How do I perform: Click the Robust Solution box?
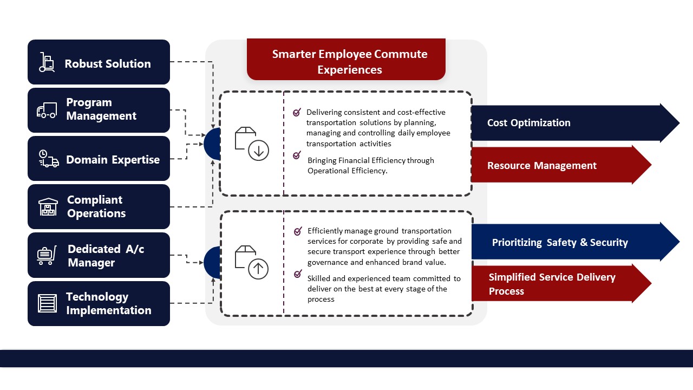[99, 62]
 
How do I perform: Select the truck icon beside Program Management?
[47, 110]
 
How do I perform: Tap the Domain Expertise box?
[99, 159]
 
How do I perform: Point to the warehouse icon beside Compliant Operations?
[48, 207]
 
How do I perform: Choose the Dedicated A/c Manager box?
[99, 255]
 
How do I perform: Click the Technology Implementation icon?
[48, 303]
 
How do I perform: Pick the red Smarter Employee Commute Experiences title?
[346, 61]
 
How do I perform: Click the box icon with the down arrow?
[252, 144]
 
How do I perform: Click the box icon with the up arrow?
[252, 262]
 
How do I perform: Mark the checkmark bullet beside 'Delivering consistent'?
[297, 113]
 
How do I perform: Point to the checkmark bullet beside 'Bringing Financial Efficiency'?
[297, 155]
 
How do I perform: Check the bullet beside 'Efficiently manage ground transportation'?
[298, 231]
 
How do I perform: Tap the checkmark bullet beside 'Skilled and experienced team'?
[298, 274]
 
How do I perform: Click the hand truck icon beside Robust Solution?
[47, 62]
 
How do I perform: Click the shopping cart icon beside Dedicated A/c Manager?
[47, 255]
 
